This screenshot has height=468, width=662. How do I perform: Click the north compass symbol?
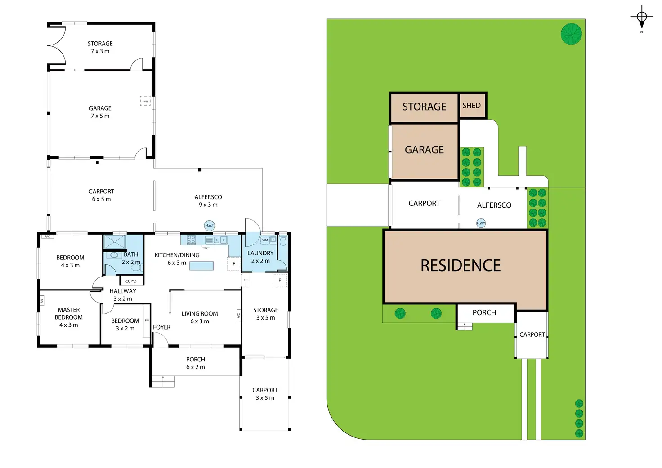(x=641, y=18)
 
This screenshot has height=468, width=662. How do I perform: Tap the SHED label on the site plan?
(x=472, y=106)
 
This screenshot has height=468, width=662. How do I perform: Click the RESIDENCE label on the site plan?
(x=461, y=266)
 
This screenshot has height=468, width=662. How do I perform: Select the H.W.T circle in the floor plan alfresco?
(x=210, y=225)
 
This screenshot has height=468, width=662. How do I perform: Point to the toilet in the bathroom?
(x=136, y=267)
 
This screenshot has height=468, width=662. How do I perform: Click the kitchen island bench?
(x=201, y=266)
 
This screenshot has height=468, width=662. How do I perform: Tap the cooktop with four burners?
(x=191, y=240)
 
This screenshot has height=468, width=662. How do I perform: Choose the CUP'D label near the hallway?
(x=131, y=281)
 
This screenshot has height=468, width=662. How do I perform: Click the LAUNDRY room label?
(x=260, y=253)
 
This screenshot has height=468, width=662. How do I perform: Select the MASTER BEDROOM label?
(x=69, y=313)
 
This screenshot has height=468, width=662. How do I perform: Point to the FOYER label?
(x=161, y=327)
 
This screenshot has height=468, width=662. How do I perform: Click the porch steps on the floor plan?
(x=163, y=381)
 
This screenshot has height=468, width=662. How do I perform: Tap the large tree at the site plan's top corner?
(x=571, y=34)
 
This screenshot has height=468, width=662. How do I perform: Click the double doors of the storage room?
(x=57, y=45)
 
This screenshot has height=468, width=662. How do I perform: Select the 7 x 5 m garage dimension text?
(x=100, y=116)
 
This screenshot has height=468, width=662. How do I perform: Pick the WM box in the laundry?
(x=265, y=240)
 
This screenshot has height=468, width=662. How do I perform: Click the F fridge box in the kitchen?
(x=234, y=264)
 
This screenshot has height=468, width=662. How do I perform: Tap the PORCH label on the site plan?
(x=484, y=313)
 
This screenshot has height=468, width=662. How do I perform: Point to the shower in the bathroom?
(x=115, y=241)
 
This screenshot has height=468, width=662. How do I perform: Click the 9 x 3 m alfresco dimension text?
(x=208, y=205)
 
